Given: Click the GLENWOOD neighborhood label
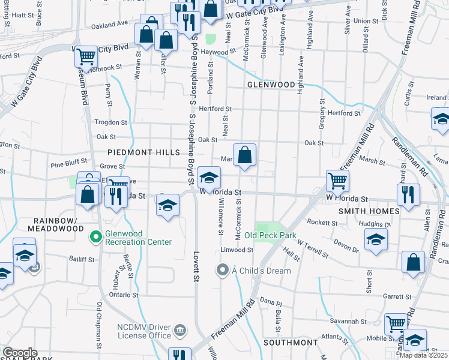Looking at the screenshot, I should coord(271,85).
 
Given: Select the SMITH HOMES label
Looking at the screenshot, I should coord(369,211).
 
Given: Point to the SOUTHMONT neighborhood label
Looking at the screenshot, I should coord(290,343).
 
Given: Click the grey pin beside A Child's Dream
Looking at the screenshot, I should coord(223,270).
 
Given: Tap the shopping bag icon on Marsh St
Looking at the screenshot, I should coord(245,156).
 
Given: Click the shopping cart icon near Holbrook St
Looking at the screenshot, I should coord(86,58).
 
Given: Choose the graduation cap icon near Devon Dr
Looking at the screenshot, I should coord(376,240).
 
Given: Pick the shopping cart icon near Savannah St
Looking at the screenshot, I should coord(396,325).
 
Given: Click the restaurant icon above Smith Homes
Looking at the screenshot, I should coord(408,195).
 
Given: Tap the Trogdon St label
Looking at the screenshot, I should coord(112,122).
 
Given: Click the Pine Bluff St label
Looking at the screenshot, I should coord(69,162).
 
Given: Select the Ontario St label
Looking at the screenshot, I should coord(123,295).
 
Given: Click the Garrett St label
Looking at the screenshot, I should coord(397,296).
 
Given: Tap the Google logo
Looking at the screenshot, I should coord(20,353).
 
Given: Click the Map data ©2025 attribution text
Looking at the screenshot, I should coord(423,355).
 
